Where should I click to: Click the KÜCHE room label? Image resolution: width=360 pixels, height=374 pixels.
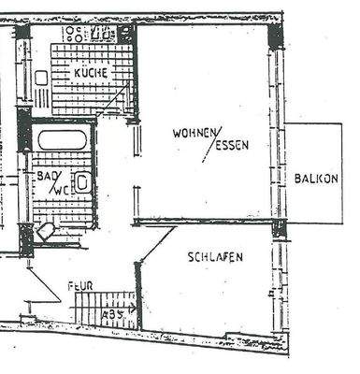[91, 72]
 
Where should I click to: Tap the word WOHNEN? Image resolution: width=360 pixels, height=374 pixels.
[194, 133]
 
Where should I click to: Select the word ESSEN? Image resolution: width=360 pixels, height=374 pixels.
[231, 147]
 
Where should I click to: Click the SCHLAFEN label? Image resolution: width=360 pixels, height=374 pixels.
[215, 256]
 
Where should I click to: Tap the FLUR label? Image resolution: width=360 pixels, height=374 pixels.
[79, 287]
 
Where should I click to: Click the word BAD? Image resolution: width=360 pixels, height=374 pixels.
[45, 175]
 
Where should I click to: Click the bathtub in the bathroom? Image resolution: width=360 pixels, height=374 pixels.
[62, 140]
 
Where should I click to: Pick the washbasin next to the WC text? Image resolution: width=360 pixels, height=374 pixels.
[82, 182]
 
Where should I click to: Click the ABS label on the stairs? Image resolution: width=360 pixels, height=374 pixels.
[112, 315]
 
